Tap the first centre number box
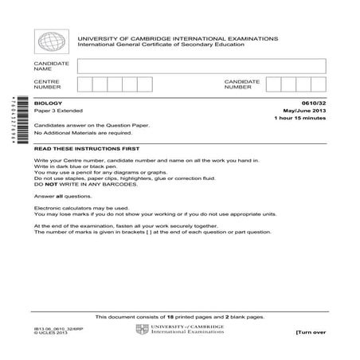(85, 84)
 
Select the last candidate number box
(319, 84)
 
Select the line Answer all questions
(67, 195)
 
